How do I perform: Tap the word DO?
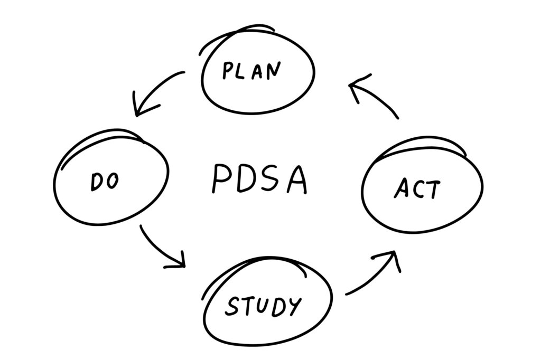(x=105, y=182)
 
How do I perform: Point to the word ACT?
(x=416, y=188)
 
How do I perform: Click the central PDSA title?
(x=259, y=179)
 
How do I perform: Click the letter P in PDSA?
(x=221, y=179)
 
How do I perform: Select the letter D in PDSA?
(x=246, y=179)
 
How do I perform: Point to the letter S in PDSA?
(x=272, y=179)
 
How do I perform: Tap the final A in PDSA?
(x=296, y=179)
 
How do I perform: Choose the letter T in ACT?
(x=432, y=189)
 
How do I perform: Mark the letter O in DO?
(x=112, y=182)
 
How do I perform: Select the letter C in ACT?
(x=417, y=189)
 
